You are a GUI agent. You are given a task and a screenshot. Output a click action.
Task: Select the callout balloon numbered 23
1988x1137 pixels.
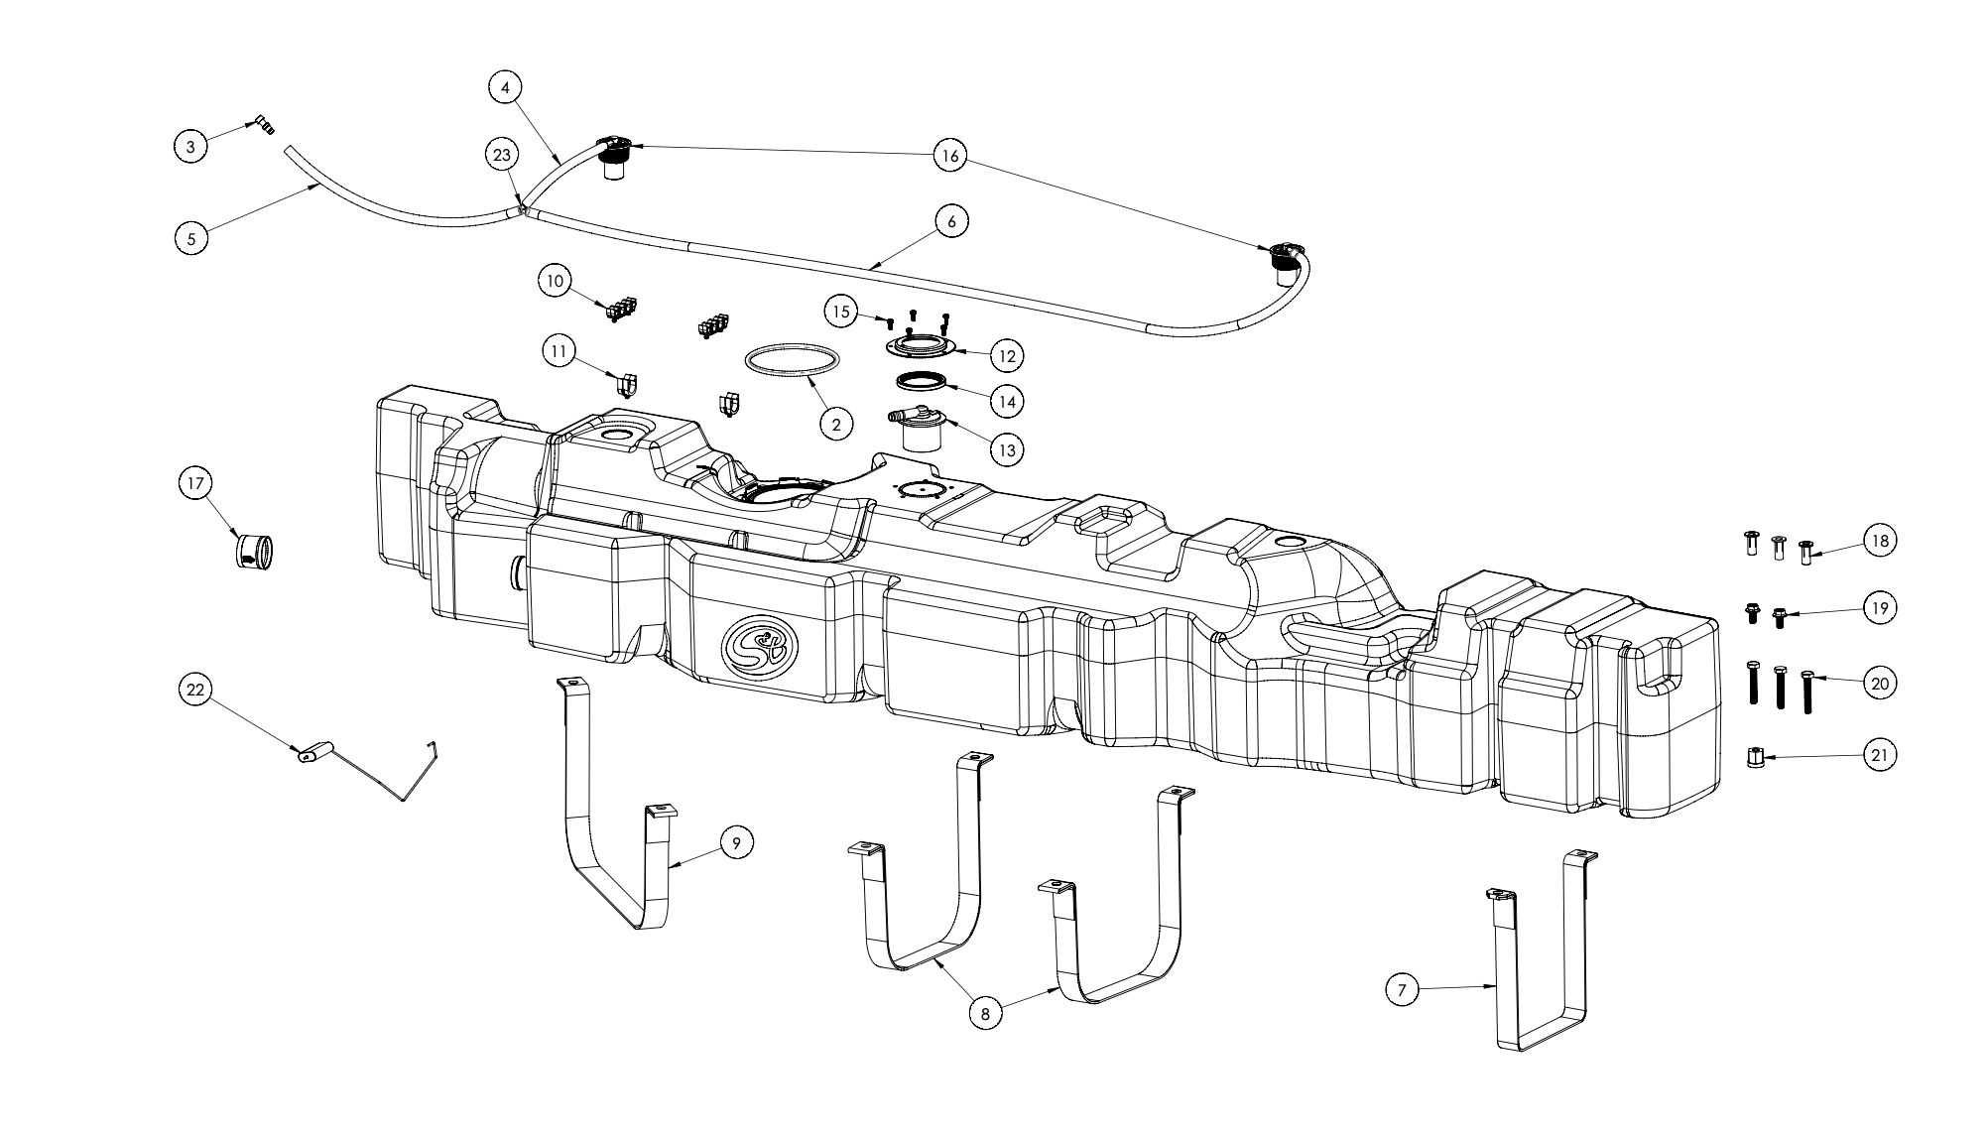point(503,155)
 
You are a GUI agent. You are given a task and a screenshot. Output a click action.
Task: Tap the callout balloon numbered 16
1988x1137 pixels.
point(949,155)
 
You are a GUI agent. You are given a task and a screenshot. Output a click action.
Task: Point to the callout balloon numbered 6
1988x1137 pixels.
point(951,221)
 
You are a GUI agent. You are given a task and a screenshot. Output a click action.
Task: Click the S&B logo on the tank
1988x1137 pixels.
point(759,646)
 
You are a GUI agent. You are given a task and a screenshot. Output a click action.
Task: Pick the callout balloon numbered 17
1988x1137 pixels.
point(194,484)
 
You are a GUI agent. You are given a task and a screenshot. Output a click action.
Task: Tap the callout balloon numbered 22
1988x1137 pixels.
point(194,690)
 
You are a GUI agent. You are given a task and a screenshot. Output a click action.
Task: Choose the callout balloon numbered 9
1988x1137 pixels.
point(736,842)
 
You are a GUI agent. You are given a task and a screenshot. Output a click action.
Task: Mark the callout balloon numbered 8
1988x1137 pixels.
point(984,1013)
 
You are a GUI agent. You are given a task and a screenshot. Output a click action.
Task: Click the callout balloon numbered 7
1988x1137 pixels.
point(1401,989)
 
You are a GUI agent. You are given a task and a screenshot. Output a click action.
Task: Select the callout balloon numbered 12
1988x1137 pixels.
point(1007,354)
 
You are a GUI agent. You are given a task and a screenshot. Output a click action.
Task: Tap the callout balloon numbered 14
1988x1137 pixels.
point(1007,401)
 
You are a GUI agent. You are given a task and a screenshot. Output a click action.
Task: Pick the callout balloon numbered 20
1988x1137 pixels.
point(1879,683)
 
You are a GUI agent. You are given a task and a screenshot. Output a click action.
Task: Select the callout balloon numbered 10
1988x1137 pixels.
point(555,281)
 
